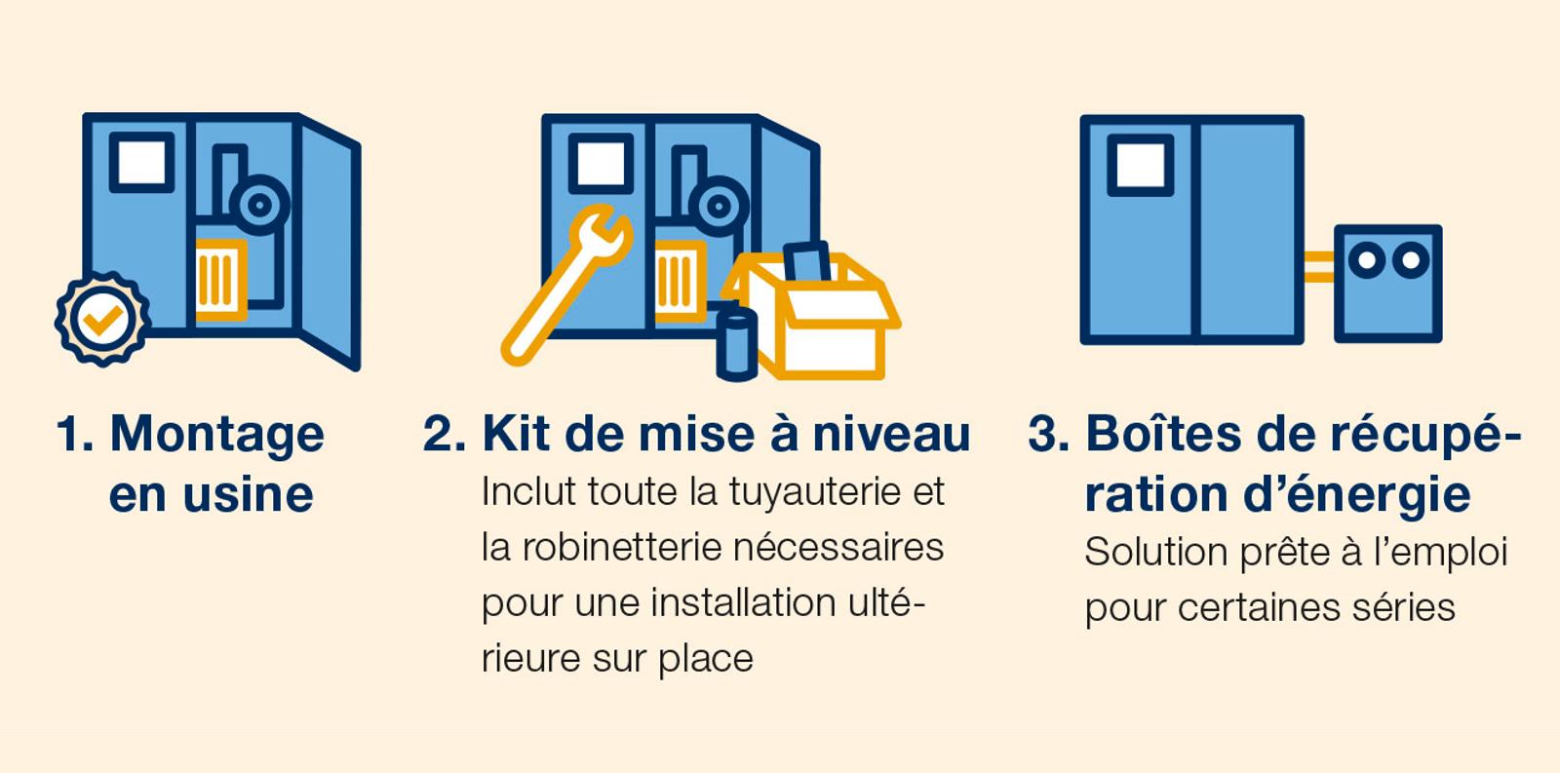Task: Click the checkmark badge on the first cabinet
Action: click(102, 319)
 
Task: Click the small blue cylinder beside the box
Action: click(737, 345)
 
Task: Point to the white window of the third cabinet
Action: click(1140, 166)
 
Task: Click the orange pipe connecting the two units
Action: click(1319, 267)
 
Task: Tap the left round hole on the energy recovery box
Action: click(1366, 259)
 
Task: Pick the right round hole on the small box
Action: click(1411, 259)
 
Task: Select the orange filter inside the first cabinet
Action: click(220, 279)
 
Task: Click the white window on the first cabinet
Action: click(141, 162)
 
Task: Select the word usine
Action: click(248, 494)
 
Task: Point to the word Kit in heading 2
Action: click(516, 433)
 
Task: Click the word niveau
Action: click(891, 433)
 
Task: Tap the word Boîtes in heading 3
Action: click(1164, 433)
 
